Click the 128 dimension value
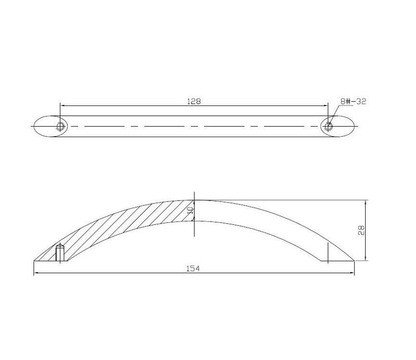(194, 101)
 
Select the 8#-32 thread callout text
(353, 101)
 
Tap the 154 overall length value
(192, 269)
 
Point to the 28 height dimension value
(361, 230)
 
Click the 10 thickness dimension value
(190, 210)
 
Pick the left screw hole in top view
(60, 126)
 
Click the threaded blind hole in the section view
(60, 253)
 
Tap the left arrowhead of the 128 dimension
(62, 106)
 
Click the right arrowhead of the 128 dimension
(326, 106)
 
